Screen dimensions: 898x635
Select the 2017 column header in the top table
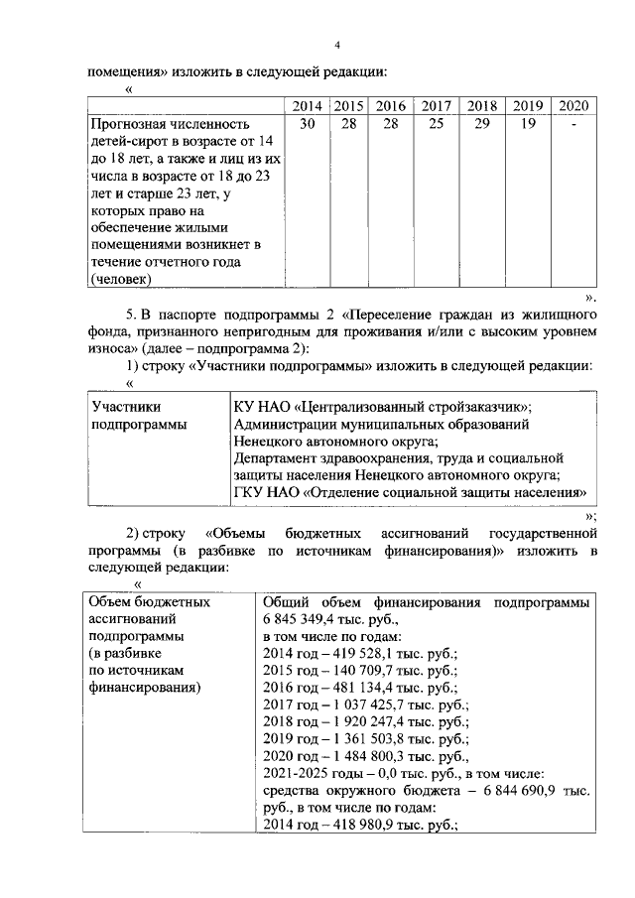(x=437, y=105)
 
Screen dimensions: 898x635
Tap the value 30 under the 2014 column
(x=308, y=124)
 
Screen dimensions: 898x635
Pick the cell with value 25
(x=437, y=124)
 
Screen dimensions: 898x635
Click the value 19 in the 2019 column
(x=528, y=124)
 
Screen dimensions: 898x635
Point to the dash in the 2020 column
(x=572, y=124)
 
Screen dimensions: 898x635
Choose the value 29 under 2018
(x=482, y=124)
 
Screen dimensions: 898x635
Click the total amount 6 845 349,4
(x=306, y=618)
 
